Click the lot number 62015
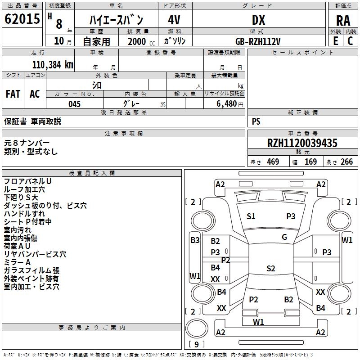tap(22, 20)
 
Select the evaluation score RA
tap(343, 21)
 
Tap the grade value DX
tap(258, 20)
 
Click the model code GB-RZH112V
tap(258, 41)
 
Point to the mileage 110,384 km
tap(53, 64)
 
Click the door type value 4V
tap(174, 20)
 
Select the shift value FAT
tap(13, 94)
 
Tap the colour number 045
tap(75, 104)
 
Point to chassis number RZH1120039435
tap(302, 143)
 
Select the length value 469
tap(273, 162)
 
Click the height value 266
tap(346, 162)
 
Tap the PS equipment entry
tap(256, 121)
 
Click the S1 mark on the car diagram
tap(251, 216)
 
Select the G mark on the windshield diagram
tap(284, 237)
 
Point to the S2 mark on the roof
tap(270, 269)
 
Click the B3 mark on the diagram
tap(194, 240)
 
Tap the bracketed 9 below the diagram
tap(196, 345)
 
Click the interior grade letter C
tap(350, 41)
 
